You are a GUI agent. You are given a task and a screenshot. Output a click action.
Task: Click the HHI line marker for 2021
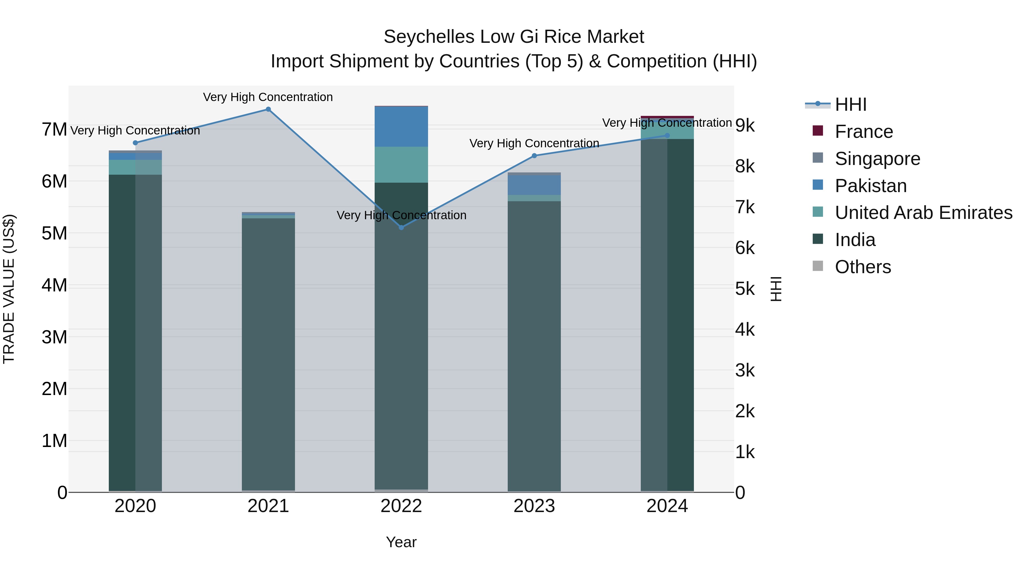[268, 109]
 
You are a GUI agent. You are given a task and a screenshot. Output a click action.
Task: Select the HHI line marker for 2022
[401, 227]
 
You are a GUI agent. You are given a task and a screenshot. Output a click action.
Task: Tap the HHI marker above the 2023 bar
[534, 156]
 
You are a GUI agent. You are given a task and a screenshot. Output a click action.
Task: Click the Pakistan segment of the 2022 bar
[401, 126]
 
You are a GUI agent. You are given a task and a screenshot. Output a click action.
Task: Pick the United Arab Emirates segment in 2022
[401, 164]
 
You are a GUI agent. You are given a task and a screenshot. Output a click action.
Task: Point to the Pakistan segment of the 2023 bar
[534, 185]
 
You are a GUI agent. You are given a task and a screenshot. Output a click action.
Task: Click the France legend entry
[864, 132]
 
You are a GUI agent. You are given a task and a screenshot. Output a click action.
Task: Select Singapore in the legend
[877, 159]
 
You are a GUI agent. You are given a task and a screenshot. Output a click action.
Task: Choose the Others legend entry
[862, 267]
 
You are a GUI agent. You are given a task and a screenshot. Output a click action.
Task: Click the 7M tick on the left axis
[54, 130]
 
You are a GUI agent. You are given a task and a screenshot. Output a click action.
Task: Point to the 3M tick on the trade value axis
[54, 337]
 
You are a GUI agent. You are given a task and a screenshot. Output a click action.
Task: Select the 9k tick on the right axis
[745, 125]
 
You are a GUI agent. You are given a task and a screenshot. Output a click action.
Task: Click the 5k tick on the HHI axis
[745, 289]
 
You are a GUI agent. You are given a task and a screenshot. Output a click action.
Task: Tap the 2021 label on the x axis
[268, 506]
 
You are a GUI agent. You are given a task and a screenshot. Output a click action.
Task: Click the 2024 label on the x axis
[667, 506]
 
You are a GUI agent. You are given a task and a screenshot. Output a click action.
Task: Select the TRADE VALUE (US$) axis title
[9, 289]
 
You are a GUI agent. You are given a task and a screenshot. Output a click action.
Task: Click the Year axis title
[401, 542]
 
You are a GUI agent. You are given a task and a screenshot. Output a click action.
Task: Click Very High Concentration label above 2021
[268, 97]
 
